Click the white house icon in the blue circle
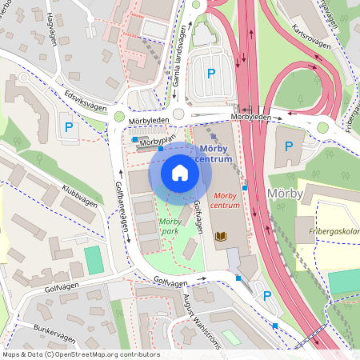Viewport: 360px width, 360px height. tap(179, 173)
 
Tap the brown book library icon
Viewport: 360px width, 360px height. tap(221, 237)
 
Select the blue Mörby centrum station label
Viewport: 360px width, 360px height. tap(216, 154)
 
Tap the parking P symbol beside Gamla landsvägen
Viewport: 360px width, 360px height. tap(211, 74)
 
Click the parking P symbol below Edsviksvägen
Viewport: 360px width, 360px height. tap(69, 126)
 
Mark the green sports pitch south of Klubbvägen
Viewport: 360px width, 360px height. tap(94, 259)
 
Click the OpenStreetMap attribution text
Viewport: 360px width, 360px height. tap(80, 354)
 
